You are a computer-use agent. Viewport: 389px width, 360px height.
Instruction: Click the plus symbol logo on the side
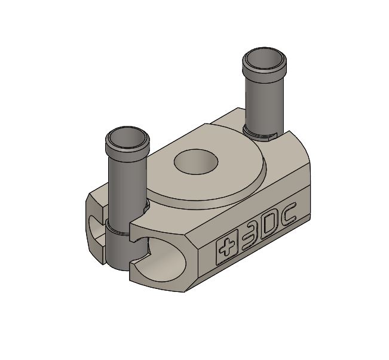pos(226,247)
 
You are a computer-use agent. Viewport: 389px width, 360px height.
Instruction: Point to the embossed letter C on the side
pos(290,213)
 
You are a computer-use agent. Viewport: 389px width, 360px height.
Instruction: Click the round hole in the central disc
pos(196,162)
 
